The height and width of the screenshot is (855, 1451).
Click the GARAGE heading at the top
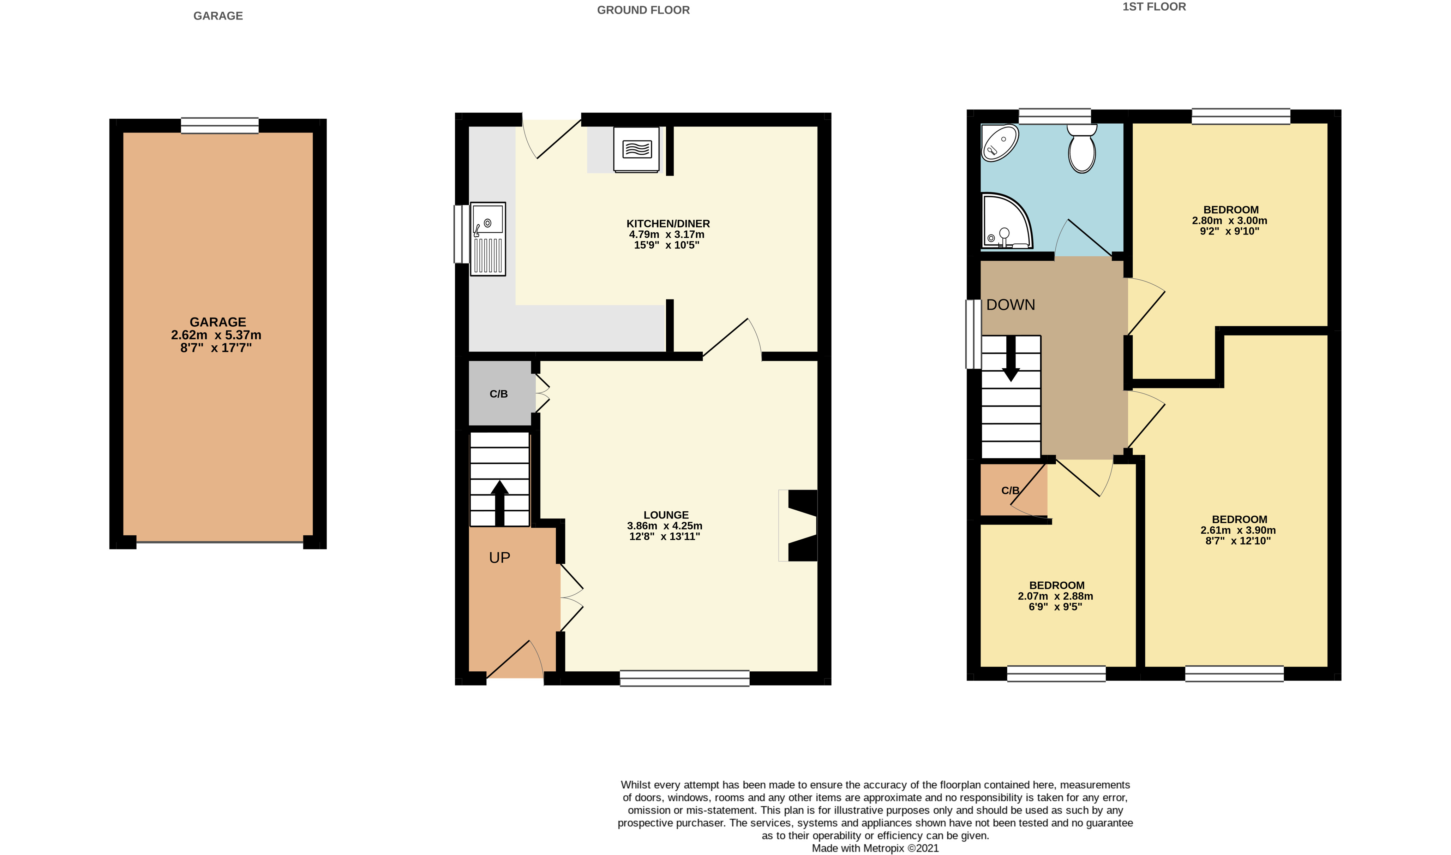point(218,16)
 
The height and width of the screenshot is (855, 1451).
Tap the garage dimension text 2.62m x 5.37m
point(216,335)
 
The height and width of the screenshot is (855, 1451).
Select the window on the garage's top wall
point(220,126)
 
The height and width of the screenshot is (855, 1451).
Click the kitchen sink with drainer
point(488,238)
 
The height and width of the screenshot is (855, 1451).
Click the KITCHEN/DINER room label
point(668,224)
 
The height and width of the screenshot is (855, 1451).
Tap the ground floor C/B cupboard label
point(499,394)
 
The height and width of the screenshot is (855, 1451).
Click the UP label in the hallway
point(499,558)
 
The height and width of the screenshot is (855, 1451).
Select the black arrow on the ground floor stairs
point(499,503)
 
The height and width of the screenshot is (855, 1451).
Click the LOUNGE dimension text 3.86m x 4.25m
point(665,526)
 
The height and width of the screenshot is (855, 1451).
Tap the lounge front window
point(685,678)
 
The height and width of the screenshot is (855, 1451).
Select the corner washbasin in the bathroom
point(1000,142)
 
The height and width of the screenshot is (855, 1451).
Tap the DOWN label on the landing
point(1011,305)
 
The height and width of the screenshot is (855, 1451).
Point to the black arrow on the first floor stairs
point(1011,358)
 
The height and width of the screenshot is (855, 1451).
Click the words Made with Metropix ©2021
point(875,848)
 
